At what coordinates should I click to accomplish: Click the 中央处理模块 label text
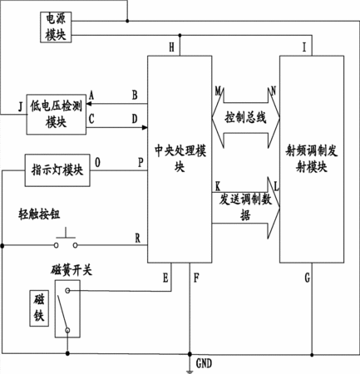pyautogui.click(x=180, y=159)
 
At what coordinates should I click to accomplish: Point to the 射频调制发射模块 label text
pyautogui.click(x=312, y=159)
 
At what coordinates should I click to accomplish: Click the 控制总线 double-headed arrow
pyautogui.click(x=246, y=118)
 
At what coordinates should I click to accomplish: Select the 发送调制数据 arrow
pyautogui.click(x=246, y=208)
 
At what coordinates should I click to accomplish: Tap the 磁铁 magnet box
pyautogui.click(x=39, y=308)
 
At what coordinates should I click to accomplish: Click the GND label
pyautogui.click(x=204, y=363)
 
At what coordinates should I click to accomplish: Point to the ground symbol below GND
pyautogui.click(x=190, y=372)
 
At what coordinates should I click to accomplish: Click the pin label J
pyautogui.click(x=20, y=107)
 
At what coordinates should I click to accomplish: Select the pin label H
pyautogui.click(x=171, y=47)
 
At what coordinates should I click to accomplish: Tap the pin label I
pyautogui.click(x=304, y=47)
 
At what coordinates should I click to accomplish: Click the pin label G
pyautogui.click(x=308, y=278)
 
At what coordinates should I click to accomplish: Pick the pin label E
pyautogui.click(x=165, y=278)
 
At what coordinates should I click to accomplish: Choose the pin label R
pyautogui.click(x=138, y=239)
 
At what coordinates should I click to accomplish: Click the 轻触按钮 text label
pyautogui.click(x=39, y=214)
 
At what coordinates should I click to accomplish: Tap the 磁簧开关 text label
pyautogui.click(x=72, y=270)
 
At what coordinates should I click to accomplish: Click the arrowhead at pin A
pyautogui.click(x=89, y=104)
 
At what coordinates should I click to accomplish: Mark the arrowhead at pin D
pyautogui.click(x=145, y=127)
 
